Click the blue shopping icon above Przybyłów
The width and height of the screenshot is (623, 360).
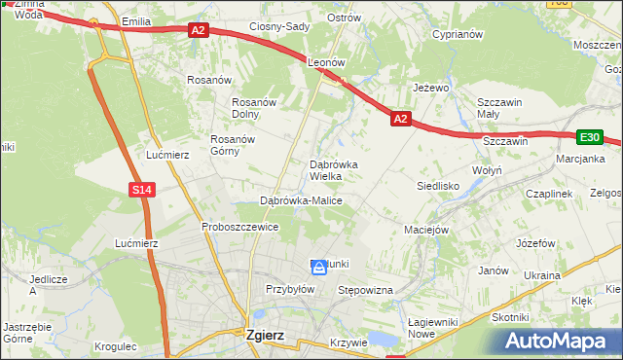pos(318,266)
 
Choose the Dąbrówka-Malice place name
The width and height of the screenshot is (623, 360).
pos(301,200)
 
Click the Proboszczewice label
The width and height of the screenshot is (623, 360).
pos(240,227)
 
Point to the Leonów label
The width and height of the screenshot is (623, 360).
pos(327,61)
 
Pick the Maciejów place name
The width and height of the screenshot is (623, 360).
pos(425,231)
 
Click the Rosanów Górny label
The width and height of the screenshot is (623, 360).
pos(232,145)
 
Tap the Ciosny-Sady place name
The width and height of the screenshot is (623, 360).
pos(279,26)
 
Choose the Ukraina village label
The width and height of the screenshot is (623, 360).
pos(541,275)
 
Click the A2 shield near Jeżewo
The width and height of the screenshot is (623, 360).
pos(400,119)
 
